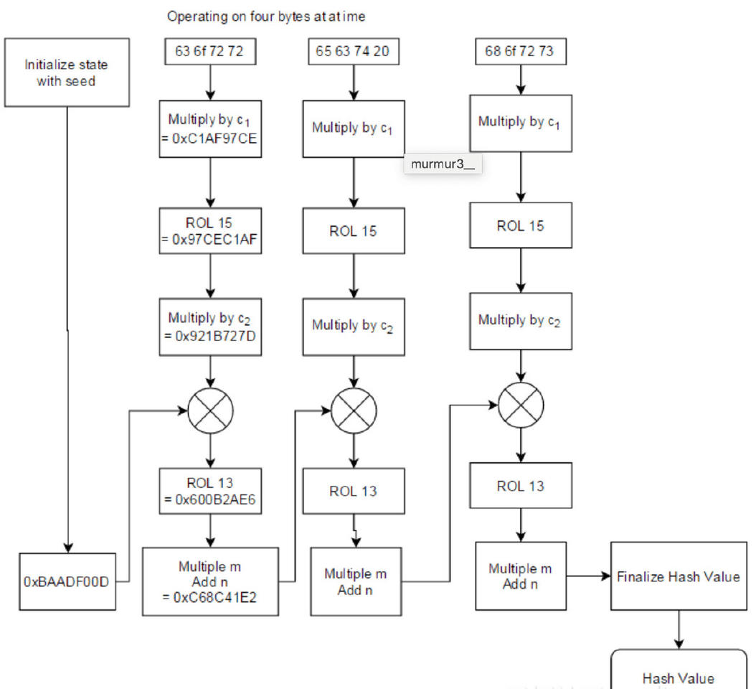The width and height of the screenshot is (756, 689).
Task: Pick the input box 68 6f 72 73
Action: pos(520,52)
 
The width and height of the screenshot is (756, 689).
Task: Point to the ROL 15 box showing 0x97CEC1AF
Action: pos(210,232)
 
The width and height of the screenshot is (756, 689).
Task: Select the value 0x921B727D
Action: pos(210,332)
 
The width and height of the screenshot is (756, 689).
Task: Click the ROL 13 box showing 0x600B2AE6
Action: pos(210,491)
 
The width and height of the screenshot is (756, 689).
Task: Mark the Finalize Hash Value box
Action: pos(678,576)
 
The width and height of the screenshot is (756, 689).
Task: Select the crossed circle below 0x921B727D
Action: pos(210,411)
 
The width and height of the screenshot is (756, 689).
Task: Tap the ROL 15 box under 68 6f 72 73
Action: pos(520,226)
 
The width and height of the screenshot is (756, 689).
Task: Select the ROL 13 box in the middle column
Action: pos(354,491)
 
